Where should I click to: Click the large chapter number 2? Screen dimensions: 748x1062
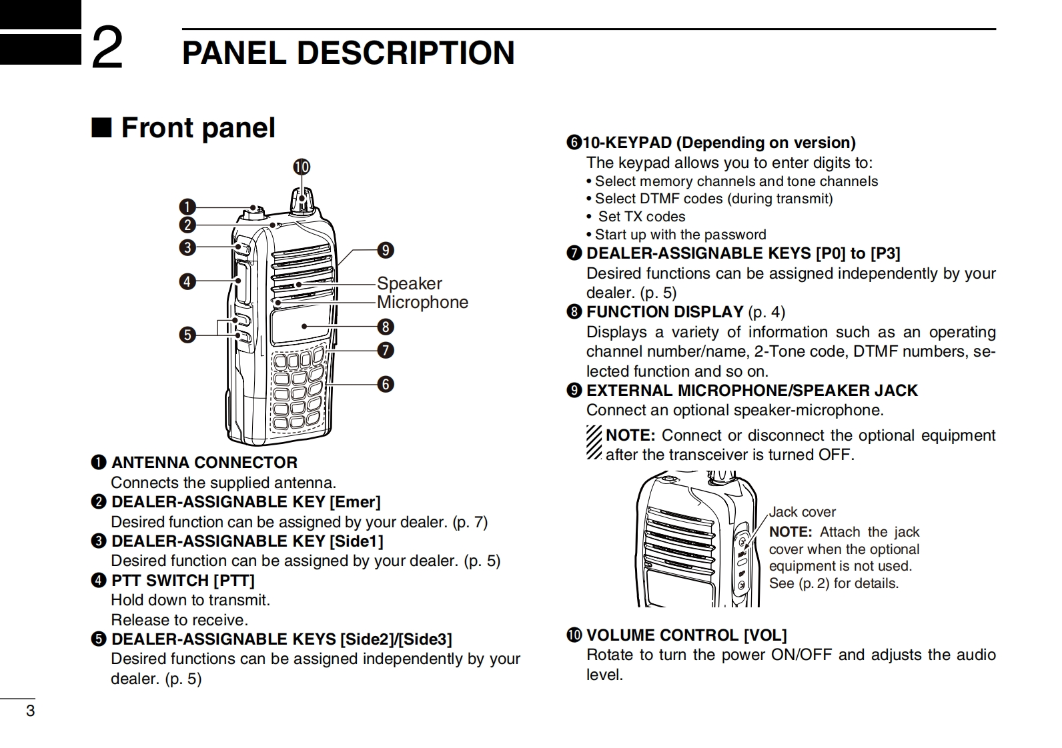pos(107,48)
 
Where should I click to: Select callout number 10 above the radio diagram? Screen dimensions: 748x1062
pos(302,167)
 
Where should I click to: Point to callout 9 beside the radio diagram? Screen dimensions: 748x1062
pos(386,251)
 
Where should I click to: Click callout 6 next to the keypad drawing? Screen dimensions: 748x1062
pos(386,384)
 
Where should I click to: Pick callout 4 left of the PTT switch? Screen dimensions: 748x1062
pos(187,281)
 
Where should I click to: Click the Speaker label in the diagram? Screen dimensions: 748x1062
pos(409,283)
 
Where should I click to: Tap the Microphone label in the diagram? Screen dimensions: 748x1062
pos(422,302)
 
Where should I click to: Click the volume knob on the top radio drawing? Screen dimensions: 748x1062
pos(302,199)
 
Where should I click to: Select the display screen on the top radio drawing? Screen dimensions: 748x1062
pos(300,327)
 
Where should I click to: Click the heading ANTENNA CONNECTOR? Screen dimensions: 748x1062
pos(204,463)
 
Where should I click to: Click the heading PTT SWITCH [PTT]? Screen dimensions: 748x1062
pos(183,581)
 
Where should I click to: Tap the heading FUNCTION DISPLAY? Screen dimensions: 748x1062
pos(664,312)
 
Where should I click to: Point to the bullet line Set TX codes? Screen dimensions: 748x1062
pos(641,217)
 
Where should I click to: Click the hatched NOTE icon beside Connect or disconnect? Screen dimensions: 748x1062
pos(594,442)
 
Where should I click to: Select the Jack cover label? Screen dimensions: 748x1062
pos(802,512)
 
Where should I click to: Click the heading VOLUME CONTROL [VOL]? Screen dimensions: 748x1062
pos(686,635)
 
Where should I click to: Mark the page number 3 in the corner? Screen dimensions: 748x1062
pos(30,711)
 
